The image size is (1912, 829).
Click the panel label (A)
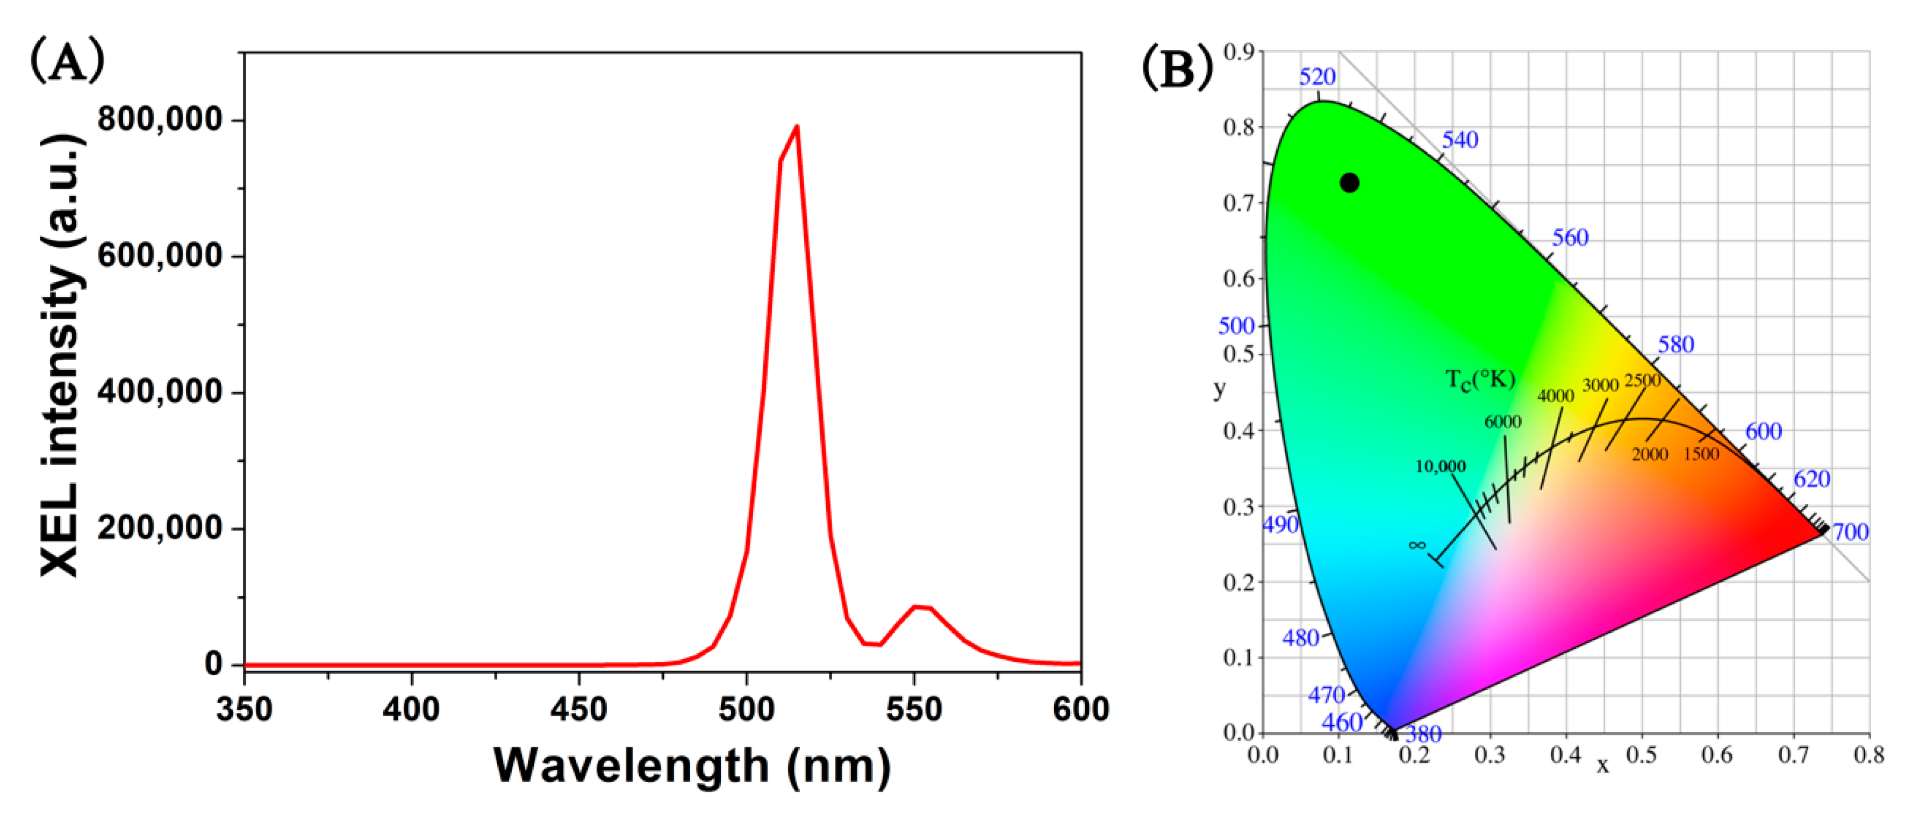(x=67, y=61)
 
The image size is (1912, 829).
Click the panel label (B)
(x=1177, y=66)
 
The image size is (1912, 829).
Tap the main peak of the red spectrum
(x=797, y=127)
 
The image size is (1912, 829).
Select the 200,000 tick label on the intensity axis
(x=160, y=528)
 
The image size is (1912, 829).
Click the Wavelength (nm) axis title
(x=691, y=766)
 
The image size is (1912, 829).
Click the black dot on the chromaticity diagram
(x=1349, y=183)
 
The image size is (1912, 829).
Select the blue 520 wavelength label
(x=1317, y=76)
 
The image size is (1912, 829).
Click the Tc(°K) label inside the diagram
(x=1480, y=379)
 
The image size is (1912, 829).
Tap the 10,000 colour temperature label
(x=1440, y=466)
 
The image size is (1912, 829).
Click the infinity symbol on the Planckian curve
(x=1417, y=546)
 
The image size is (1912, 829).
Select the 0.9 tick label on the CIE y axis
(x=1238, y=52)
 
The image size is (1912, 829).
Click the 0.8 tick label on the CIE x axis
(x=1869, y=755)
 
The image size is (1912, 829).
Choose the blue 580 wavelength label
(x=1676, y=345)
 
